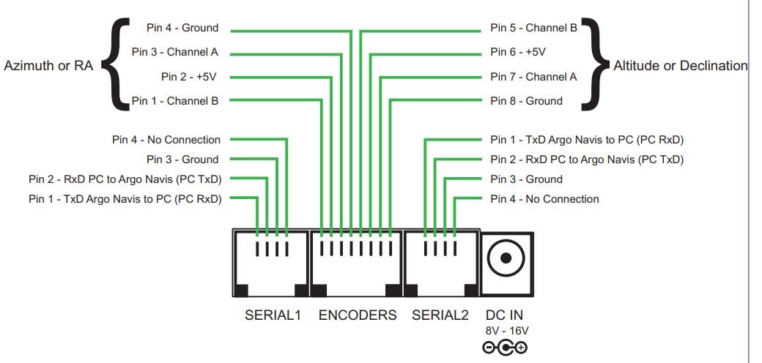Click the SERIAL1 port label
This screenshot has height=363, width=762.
(272, 315)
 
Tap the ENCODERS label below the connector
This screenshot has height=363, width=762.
(358, 315)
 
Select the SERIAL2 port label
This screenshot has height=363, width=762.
(440, 315)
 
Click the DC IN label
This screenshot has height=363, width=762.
(505, 315)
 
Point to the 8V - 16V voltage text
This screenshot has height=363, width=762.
(506, 331)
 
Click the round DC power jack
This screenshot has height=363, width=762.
(506, 258)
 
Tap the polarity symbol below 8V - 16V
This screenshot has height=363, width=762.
(506, 348)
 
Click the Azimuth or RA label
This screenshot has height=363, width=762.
(48, 65)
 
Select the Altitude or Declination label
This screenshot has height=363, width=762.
(681, 65)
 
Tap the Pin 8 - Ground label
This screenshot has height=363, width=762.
(526, 101)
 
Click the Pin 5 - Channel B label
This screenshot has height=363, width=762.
(533, 28)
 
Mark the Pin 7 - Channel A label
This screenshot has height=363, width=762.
(533, 76)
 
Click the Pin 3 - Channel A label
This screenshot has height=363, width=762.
(175, 52)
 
